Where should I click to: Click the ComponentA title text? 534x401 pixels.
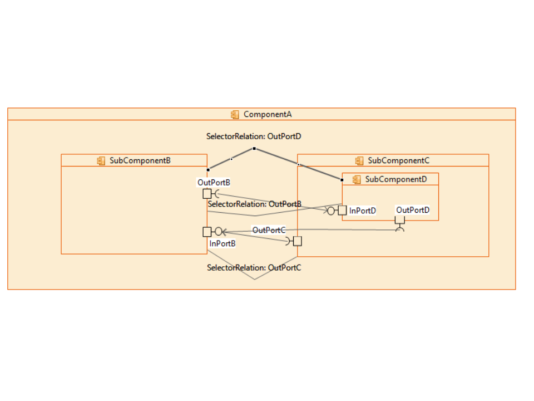tap(268, 114)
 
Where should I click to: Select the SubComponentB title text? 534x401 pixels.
tap(140, 160)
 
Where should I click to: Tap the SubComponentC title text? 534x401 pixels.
tap(398, 160)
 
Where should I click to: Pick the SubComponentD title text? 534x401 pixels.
tap(396, 179)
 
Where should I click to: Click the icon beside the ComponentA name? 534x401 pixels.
tap(235, 114)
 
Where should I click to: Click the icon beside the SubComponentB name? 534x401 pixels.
tap(101, 160)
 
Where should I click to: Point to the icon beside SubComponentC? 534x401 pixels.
tap(359, 160)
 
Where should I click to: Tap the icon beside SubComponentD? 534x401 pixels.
tap(357, 179)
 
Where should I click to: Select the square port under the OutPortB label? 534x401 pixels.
tap(207, 194)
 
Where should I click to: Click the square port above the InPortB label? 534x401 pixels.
tap(207, 232)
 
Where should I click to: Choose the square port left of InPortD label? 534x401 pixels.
tap(342, 211)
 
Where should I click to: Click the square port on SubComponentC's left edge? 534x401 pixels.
tap(298, 241)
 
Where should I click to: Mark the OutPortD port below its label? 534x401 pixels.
tap(399, 219)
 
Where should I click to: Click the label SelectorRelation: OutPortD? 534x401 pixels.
tap(254, 136)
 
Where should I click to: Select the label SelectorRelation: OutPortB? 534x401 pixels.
tap(254, 204)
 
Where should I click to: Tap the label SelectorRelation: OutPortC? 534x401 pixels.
tap(254, 267)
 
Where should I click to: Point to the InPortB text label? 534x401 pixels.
tap(222, 243)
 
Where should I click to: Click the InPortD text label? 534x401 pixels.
tap(363, 211)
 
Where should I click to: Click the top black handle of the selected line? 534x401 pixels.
tap(254, 148)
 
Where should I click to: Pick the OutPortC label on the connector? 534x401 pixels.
tap(269, 230)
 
